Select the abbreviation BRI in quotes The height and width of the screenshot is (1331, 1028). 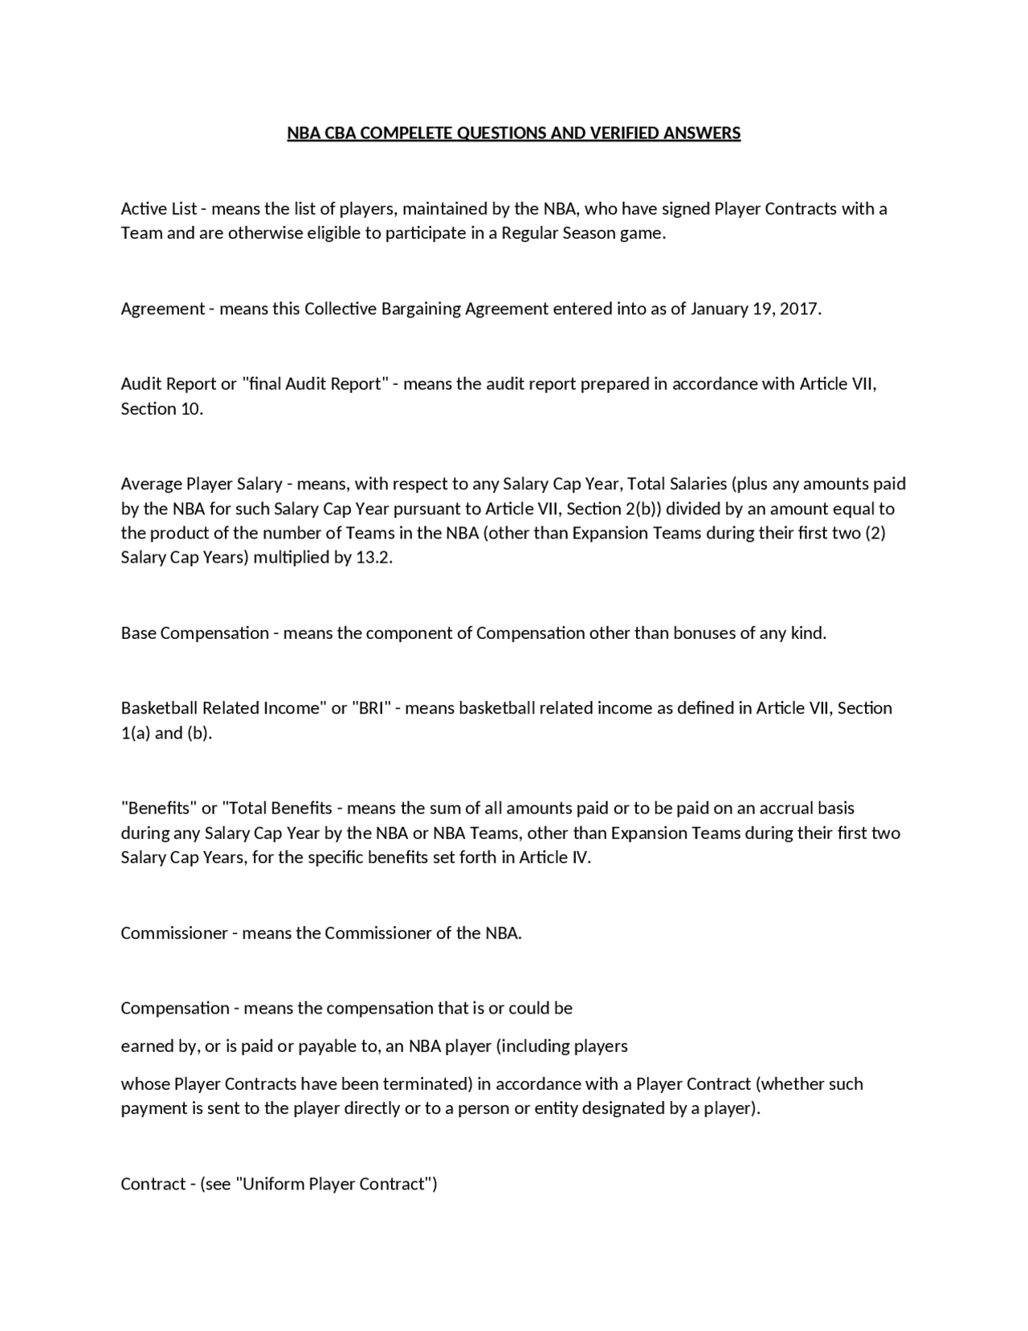coord(371,708)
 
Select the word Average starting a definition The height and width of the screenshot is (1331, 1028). coord(151,484)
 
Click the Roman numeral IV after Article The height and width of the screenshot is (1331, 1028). coord(580,858)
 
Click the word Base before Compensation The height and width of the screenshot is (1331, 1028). coord(138,633)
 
